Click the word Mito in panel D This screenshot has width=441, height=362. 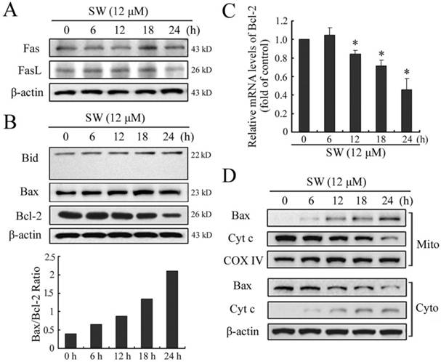(428, 237)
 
